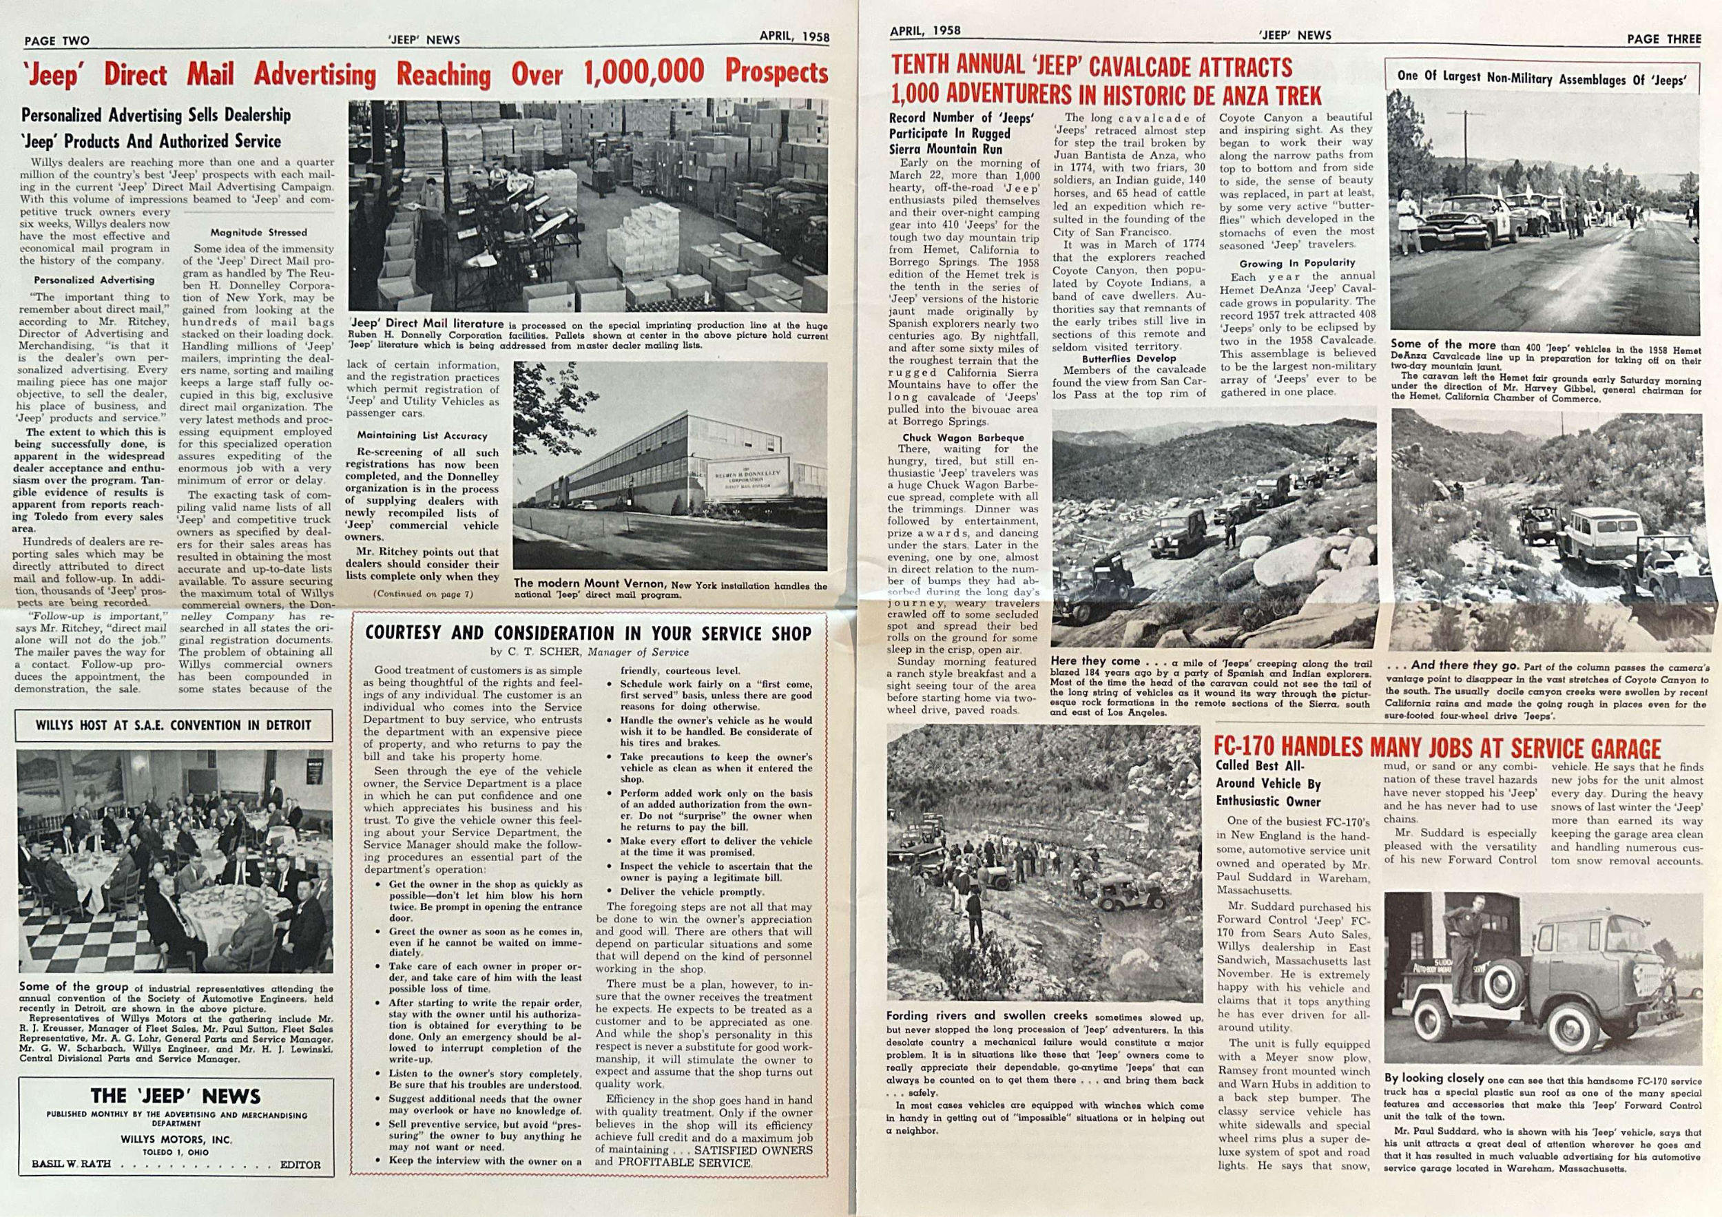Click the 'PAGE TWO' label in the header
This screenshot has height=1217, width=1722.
(57, 41)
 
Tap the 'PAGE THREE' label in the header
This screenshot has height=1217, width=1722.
(1663, 39)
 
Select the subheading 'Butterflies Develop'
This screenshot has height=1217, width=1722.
(1129, 358)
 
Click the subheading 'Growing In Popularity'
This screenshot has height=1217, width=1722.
(1297, 263)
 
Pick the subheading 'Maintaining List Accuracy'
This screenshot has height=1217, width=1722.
(422, 435)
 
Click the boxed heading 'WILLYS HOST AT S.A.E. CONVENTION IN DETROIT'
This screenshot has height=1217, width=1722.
(174, 725)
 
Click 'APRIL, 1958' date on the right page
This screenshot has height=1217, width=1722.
(925, 32)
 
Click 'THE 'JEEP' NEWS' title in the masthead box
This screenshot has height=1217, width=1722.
(176, 1096)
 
